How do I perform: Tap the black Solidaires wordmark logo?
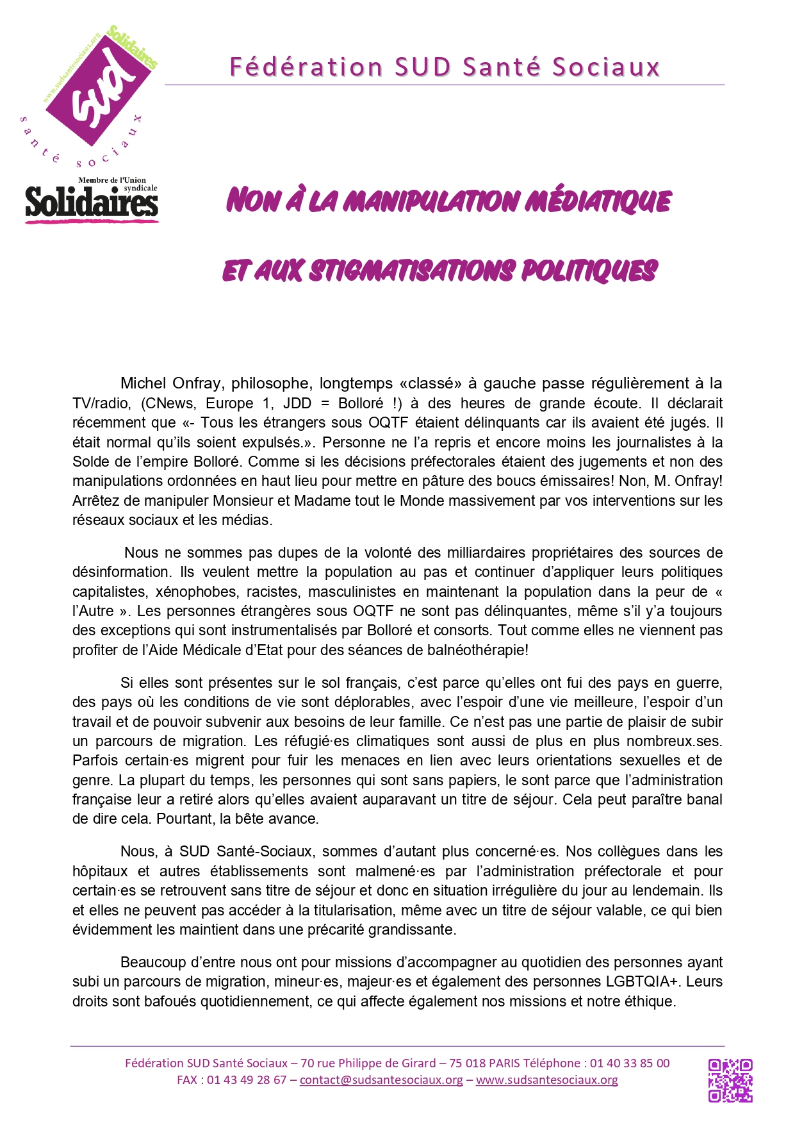tap(92, 203)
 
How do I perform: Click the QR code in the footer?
tap(730, 1080)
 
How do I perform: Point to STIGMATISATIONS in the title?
tap(411, 271)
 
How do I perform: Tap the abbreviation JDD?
tap(297, 403)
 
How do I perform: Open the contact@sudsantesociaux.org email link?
tap(381, 1079)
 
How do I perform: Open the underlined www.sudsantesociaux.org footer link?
tap(546, 1079)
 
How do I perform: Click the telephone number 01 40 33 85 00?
tap(629, 1063)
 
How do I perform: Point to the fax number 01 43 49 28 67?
tap(246, 1079)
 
